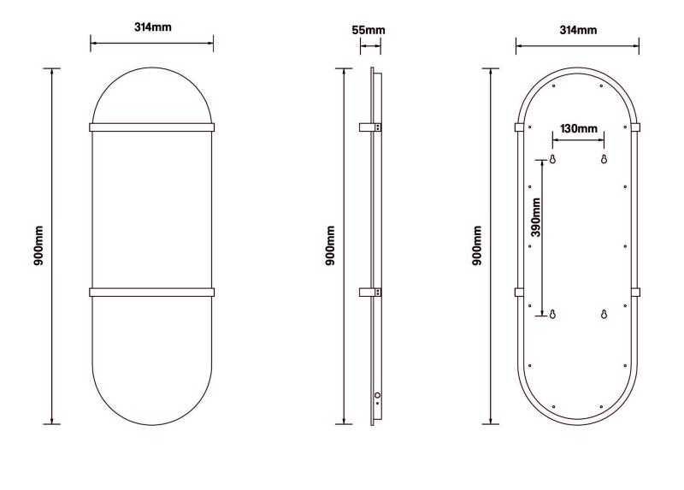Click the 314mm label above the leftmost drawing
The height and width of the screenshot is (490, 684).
152,27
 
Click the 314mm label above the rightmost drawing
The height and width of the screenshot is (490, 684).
577,30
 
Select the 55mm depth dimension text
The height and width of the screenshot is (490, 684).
369,30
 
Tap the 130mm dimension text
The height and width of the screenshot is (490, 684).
578,129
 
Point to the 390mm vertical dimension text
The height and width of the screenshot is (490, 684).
536,217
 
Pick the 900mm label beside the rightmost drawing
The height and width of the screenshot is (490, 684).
478,246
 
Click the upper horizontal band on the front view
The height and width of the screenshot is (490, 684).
151,127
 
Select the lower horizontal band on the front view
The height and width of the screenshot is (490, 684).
151,292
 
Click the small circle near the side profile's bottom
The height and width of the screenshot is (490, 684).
377,396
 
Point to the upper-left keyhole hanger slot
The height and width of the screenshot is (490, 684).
552,160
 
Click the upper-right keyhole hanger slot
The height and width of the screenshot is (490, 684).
604,160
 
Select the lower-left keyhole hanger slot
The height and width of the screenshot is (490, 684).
552,314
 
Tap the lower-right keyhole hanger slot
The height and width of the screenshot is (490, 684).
604,314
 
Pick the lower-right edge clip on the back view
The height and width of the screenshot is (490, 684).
636,292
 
